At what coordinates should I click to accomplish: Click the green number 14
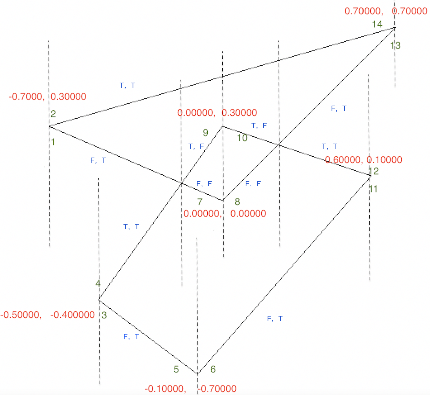377,24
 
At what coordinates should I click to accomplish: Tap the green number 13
395,45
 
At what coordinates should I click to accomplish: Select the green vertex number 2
53,114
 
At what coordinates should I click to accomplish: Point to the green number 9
205,133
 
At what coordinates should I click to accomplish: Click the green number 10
242,138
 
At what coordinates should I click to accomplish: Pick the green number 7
200,202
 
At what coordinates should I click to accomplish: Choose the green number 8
237,202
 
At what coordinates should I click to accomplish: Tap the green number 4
98,283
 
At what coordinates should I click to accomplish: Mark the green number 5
176,369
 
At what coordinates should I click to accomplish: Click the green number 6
213,369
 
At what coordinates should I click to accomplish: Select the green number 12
374,171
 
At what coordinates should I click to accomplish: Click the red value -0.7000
26,96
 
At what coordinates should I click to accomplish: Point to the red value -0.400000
72,315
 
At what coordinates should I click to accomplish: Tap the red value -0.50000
21,315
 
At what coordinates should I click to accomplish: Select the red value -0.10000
165,388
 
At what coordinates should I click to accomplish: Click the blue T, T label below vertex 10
329,147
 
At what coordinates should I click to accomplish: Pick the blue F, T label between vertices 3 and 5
131,337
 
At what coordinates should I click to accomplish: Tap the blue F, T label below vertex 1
98,160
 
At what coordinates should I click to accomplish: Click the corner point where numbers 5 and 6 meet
198,373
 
